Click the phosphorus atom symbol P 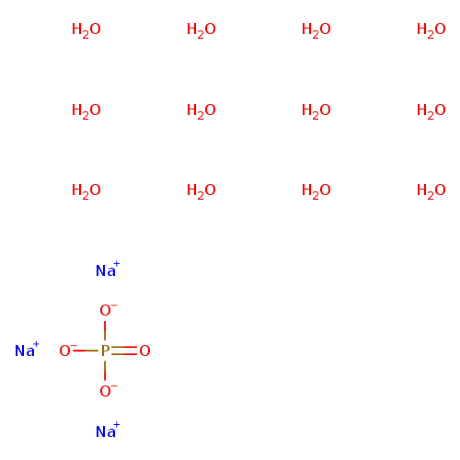pos(105,351)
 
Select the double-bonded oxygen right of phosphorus pos(144,351)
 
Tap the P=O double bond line pos(124,351)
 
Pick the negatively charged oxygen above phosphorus pos(108,310)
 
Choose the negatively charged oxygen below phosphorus pos(108,390)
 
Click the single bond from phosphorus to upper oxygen pos(105,330)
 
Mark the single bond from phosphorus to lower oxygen pos(105,371)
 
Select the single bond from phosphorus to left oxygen pos(86,351)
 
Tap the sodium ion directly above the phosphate pos(108,270)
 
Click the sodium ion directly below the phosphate pos(108,431)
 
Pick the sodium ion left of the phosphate pos(27,350)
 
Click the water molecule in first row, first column pos(86,30)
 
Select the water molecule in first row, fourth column pos(431,30)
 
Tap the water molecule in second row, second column pos(201,110)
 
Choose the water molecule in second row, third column pos(316,110)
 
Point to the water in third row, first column pos(86,191)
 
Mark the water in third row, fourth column pos(431,191)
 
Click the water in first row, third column pos(316,30)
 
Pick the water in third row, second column pos(201,191)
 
